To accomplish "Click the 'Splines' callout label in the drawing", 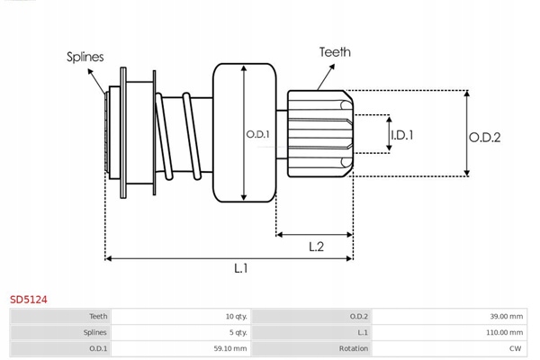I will point(85,57).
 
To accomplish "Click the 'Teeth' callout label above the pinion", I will point(335,52).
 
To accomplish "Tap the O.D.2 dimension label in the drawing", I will point(484,137).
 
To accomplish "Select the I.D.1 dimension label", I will point(401,136).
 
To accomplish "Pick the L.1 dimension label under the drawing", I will point(241,268).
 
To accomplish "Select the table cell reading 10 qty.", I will point(237,317).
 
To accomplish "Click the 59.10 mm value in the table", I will point(230,347).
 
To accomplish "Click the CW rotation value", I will point(516,347).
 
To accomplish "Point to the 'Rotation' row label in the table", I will point(350,347).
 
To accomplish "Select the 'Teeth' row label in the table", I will point(98,317).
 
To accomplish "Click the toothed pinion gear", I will point(319,133).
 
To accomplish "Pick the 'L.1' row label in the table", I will point(361,332).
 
